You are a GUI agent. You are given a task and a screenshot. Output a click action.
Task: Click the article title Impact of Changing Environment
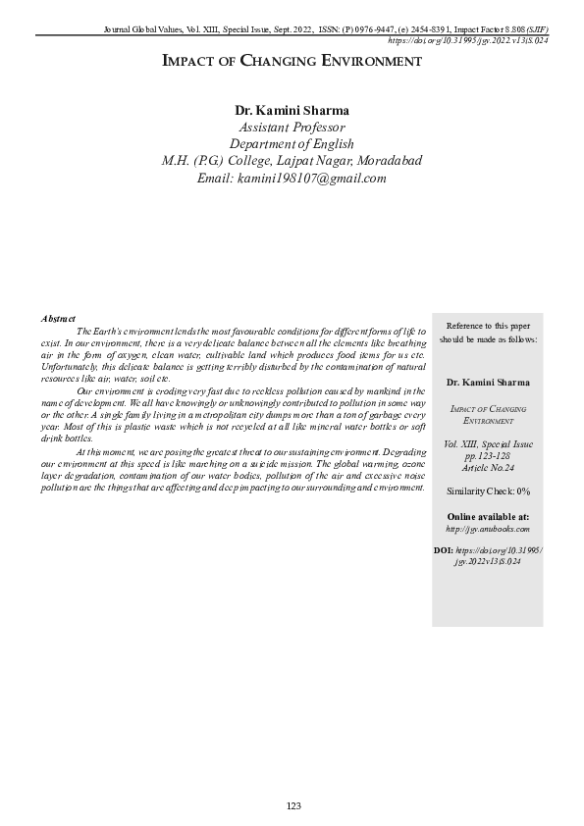pos(292,62)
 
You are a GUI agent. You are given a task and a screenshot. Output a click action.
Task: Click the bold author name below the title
pos(292,109)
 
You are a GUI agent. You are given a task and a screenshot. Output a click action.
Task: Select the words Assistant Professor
pos(292,127)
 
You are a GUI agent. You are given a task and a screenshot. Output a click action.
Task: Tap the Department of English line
pos(292,144)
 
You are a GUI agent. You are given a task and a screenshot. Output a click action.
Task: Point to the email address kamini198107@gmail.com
pos(292,179)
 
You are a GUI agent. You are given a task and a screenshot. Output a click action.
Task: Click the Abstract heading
pos(59,319)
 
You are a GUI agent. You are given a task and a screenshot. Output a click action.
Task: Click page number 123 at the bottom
pos(292,805)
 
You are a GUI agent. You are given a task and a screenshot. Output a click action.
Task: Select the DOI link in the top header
pos(467,41)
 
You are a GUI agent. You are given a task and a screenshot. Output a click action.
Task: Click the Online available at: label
pos(488,516)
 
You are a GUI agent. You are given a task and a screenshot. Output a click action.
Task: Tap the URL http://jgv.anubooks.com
pos(488,529)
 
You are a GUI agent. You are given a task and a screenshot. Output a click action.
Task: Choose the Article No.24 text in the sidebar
pos(488,469)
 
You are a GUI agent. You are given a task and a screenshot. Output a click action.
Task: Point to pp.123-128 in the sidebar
pos(488,456)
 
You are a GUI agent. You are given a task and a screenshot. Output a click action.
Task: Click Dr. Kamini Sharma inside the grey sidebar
pos(488,382)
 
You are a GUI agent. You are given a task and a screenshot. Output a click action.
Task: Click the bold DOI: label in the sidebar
pos(443,550)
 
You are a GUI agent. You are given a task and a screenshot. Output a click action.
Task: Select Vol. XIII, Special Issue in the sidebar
pos(488,443)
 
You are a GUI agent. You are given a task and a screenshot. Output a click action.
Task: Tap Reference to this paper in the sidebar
pos(488,325)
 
